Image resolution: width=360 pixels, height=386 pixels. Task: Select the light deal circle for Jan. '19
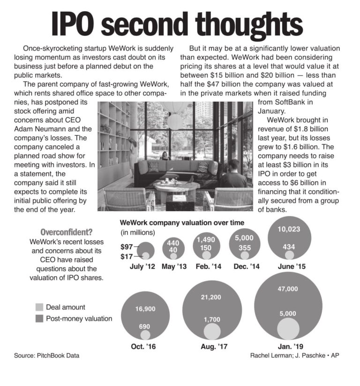pos(288,328)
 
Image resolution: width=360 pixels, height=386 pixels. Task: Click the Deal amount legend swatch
pos(39,307)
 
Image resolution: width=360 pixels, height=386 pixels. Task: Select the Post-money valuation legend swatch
pos(39,319)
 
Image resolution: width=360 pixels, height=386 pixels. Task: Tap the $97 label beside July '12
pos(127,246)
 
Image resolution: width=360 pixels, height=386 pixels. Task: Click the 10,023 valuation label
pos(289,230)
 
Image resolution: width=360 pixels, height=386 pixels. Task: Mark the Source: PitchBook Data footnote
pos(46,356)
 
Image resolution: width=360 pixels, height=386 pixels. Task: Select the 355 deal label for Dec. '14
pos(244,247)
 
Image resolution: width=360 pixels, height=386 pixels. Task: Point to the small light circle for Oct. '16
pos(145,334)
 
